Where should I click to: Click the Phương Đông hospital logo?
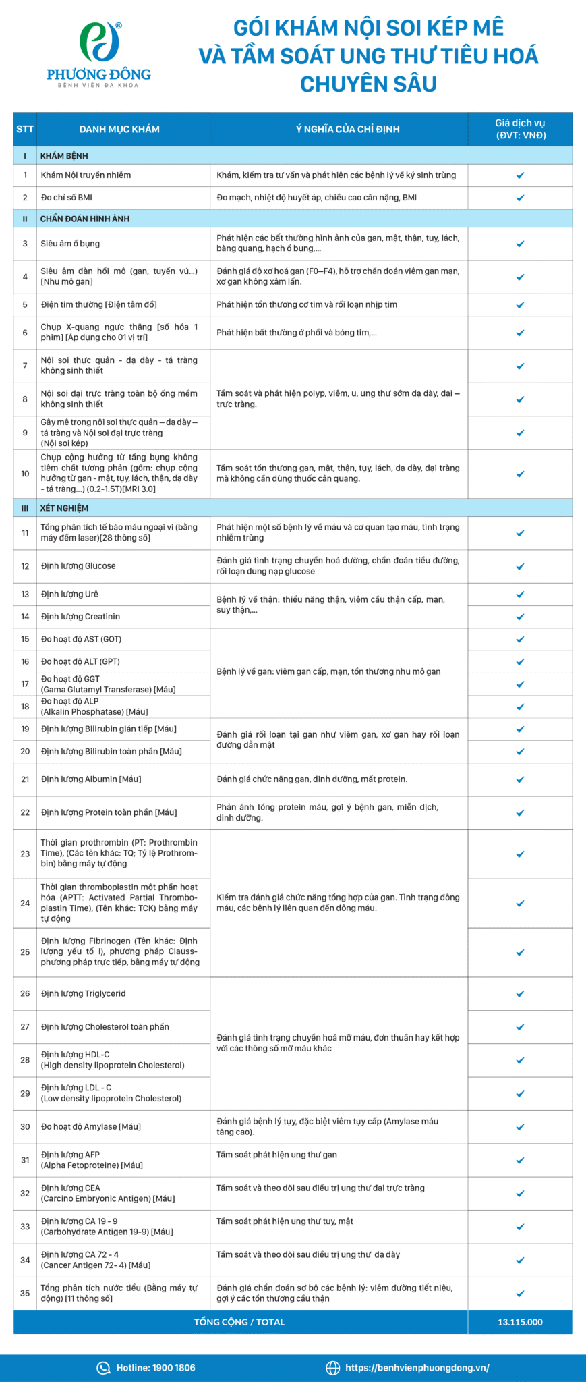click(x=98, y=54)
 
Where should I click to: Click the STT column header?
click(x=25, y=129)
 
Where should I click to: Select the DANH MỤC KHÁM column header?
click(x=119, y=129)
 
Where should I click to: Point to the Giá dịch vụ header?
click(x=520, y=129)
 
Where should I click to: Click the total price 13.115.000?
click(x=520, y=1322)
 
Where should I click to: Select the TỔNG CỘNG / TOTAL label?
click(x=239, y=1322)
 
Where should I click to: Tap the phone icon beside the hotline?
click(x=103, y=1368)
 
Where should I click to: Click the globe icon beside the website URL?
click(x=332, y=1368)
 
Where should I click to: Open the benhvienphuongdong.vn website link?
click(x=417, y=1368)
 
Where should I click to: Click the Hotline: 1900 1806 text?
click(x=156, y=1368)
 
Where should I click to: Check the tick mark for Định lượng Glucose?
click(x=520, y=566)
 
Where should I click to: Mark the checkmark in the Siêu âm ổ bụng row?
click(x=520, y=244)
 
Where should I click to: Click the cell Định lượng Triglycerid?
click(x=84, y=993)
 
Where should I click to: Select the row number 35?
click(x=25, y=1293)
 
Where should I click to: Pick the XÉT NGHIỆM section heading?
click(x=64, y=508)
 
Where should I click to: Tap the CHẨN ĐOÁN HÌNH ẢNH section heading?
click(x=84, y=219)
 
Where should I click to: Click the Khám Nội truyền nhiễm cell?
click(x=86, y=175)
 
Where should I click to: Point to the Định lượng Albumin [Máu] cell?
click(x=91, y=779)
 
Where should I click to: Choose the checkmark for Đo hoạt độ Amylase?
click(x=520, y=1127)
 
